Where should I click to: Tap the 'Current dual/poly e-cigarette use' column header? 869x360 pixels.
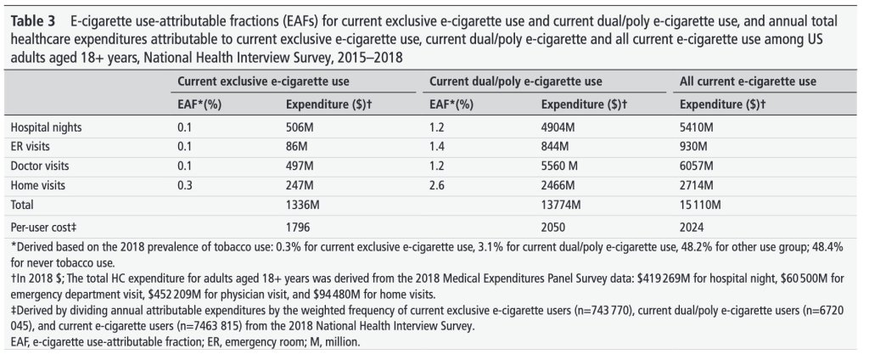pyautogui.click(x=516, y=82)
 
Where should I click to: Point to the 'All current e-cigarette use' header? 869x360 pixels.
pyautogui.click(x=748, y=82)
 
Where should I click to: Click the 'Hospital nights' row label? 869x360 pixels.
pyautogui.click(x=48, y=127)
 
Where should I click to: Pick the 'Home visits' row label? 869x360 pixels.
pyautogui.click(x=39, y=184)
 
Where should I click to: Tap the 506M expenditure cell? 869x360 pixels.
pyautogui.click(x=300, y=127)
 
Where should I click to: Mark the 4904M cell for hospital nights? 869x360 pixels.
pyautogui.click(x=557, y=127)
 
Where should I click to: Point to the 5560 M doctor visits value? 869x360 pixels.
pyautogui.click(x=558, y=165)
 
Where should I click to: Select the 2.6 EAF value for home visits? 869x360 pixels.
pyautogui.click(x=437, y=184)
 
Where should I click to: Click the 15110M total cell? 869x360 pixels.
pyautogui.click(x=702, y=204)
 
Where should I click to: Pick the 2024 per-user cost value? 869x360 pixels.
pyautogui.click(x=694, y=227)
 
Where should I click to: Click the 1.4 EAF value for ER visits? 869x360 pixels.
pyautogui.click(x=437, y=145)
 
